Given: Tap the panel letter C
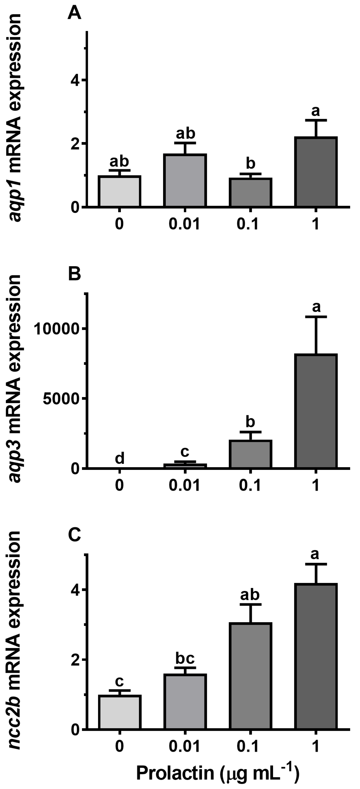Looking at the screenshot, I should (x=74, y=534).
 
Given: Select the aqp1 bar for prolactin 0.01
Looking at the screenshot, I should (x=185, y=180).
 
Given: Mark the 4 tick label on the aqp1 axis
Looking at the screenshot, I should (x=75, y=80).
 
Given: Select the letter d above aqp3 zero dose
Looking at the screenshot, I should (x=119, y=458).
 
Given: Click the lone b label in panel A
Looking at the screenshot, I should (x=251, y=163).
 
